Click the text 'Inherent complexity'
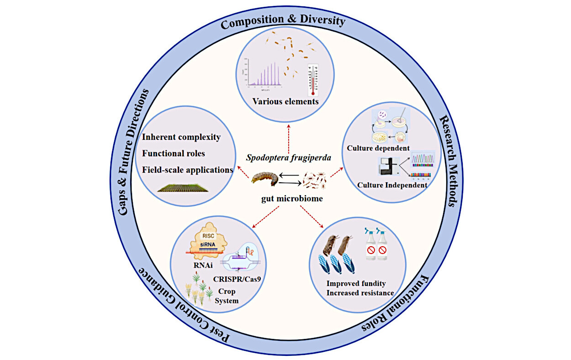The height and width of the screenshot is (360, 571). pyautogui.click(x=181, y=137)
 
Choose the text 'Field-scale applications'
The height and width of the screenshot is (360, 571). pyautogui.click(x=188, y=169)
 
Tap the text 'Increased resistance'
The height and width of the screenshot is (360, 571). pyautogui.click(x=360, y=292)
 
